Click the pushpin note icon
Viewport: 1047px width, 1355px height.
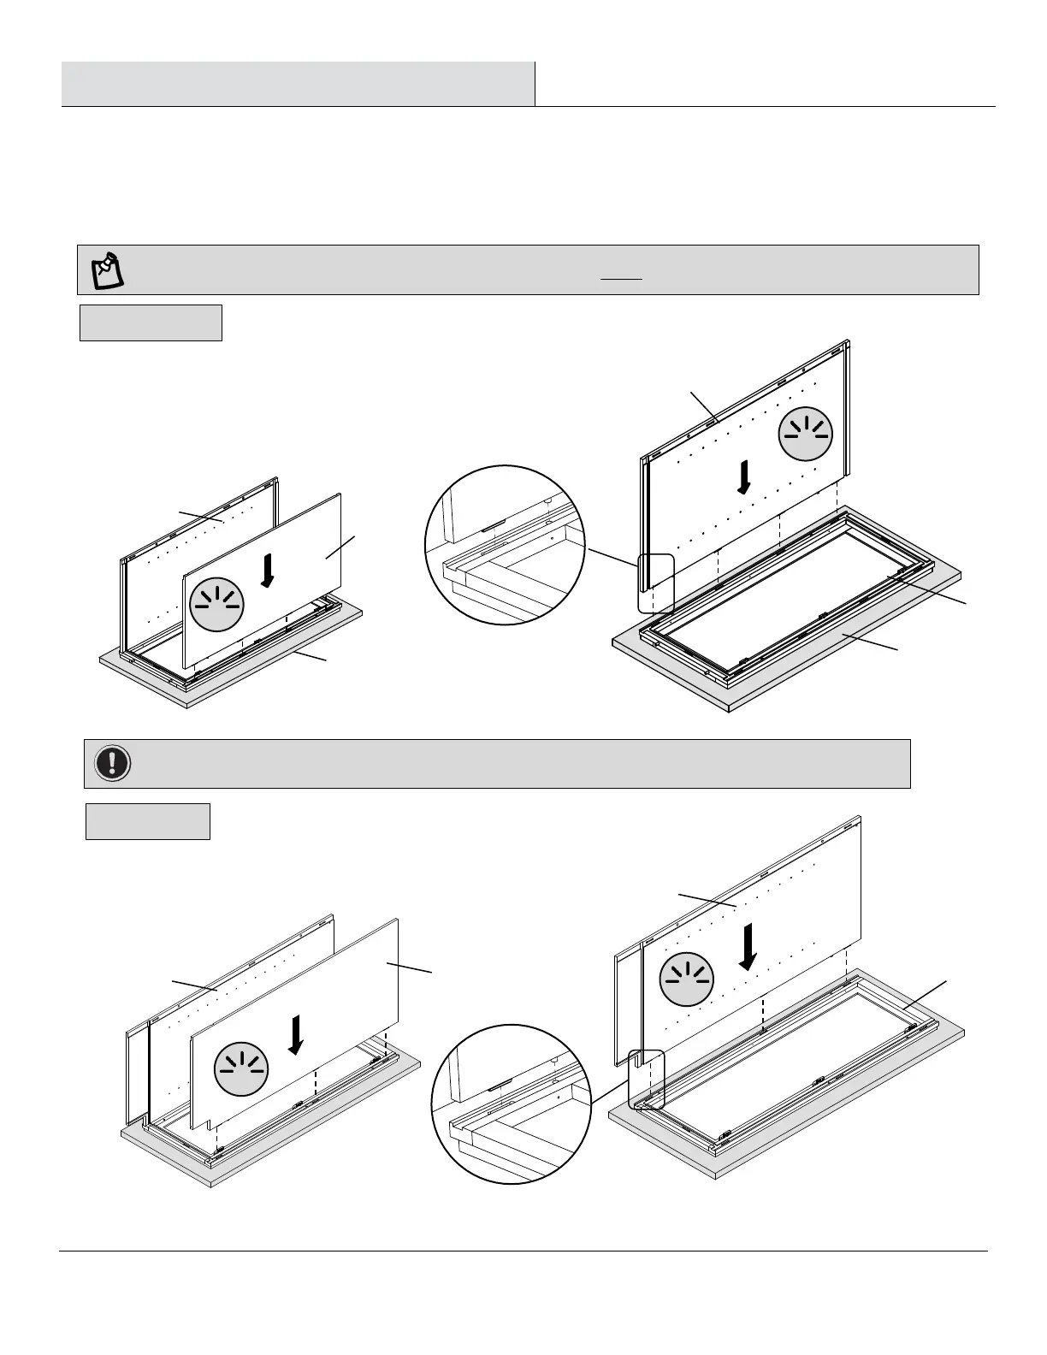(x=107, y=269)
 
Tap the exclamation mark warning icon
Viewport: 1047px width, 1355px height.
(x=112, y=762)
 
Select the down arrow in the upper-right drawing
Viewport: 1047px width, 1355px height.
(x=745, y=477)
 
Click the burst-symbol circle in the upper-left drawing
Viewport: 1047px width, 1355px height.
(x=217, y=604)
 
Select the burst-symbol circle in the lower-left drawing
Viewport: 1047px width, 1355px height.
(x=241, y=1069)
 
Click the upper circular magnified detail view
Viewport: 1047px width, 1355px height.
(x=505, y=545)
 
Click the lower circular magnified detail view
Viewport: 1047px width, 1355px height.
(x=511, y=1104)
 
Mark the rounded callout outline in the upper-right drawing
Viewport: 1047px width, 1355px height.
(x=656, y=583)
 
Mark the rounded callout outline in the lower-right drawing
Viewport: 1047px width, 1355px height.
(x=646, y=1080)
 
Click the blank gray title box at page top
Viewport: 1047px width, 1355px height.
(x=298, y=84)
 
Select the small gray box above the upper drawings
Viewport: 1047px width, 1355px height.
(x=151, y=322)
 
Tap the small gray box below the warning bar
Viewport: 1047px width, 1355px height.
(x=147, y=821)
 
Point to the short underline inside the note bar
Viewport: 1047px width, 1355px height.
(x=622, y=280)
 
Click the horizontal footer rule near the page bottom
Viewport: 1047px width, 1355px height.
(x=523, y=1251)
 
